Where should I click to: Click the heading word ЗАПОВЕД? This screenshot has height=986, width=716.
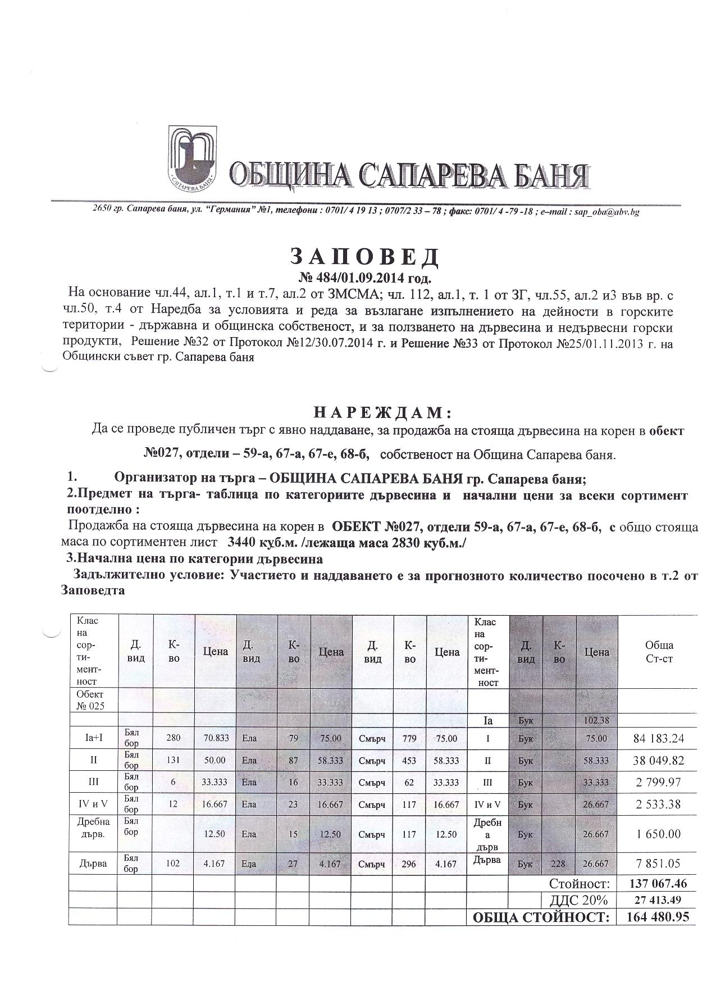(x=364, y=257)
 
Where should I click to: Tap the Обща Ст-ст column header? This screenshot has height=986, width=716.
(x=659, y=652)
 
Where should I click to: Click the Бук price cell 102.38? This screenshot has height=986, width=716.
(x=596, y=720)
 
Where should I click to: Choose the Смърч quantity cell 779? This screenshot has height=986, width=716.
(x=409, y=738)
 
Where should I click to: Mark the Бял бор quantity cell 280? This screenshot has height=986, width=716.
(x=174, y=738)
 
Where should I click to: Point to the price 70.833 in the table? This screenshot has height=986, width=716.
(x=215, y=738)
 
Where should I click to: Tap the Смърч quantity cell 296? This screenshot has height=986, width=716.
(x=409, y=864)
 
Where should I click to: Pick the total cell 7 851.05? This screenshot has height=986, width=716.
(x=657, y=864)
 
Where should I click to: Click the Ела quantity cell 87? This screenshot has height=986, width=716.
(x=293, y=761)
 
